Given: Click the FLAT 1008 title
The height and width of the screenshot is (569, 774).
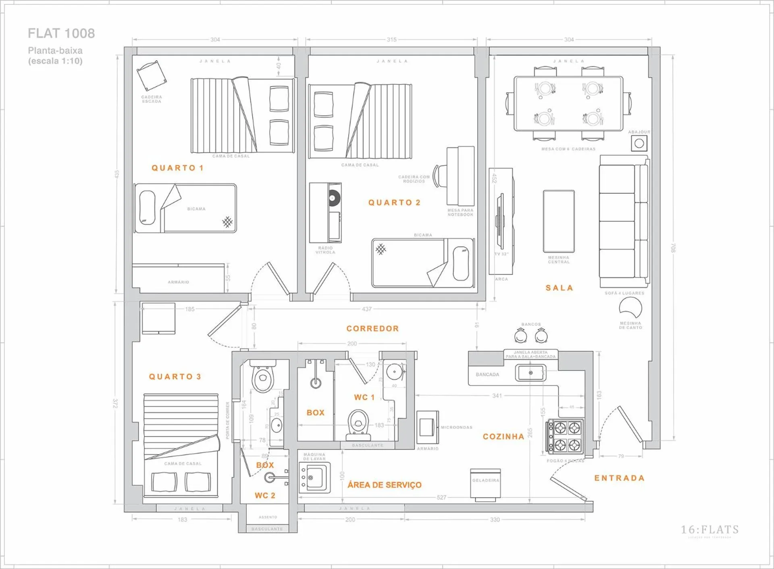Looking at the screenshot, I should (61, 33).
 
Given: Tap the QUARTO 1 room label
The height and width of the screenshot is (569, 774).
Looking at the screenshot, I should (177, 168).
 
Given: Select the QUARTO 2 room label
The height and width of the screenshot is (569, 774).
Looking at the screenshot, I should (394, 202).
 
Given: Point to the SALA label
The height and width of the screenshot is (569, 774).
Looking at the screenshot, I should (559, 288).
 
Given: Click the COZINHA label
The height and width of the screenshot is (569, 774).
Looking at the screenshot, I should (504, 436).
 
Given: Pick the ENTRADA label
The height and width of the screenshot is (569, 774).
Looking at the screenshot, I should (619, 478).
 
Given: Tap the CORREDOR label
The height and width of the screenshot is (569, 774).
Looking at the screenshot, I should (372, 329).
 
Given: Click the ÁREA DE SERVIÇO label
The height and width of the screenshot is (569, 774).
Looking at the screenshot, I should (385, 485).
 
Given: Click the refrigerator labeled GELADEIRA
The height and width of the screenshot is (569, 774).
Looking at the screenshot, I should (485, 484).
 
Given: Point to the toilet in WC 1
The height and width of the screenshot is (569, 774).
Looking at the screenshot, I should (358, 423).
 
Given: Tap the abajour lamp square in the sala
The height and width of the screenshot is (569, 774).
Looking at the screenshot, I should (639, 143).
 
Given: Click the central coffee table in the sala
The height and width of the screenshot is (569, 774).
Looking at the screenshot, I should (559, 221).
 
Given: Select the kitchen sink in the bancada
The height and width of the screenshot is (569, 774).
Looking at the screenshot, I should (531, 373).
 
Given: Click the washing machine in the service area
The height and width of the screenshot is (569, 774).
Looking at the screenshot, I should (315, 478).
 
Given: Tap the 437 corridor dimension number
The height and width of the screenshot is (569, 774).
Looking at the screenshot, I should (366, 309).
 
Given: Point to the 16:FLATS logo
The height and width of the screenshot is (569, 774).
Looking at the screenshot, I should (709, 530).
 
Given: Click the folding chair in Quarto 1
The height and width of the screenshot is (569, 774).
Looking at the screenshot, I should (152, 75).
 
